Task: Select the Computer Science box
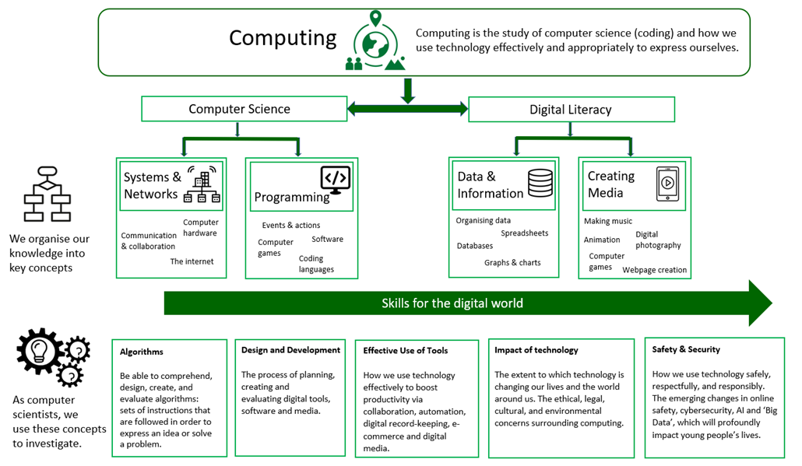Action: pyautogui.click(x=240, y=109)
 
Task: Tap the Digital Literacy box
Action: pyautogui.click(x=571, y=110)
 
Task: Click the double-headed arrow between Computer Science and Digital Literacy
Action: pyautogui.click(x=407, y=109)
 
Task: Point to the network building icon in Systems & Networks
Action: pyautogui.click(x=202, y=187)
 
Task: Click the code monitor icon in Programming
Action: pyautogui.click(x=335, y=180)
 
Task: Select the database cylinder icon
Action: pyautogui.click(x=540, y=184)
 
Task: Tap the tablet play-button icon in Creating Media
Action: pyautogui.click(x=667, y=184)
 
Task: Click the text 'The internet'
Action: pyautogui.click(x=192, y=261)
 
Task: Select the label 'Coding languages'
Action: pyautogui.click(x=316, y=264)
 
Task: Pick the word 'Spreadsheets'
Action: pyautogui.click(x=524, y=233)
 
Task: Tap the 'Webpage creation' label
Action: pyautogui.click(x=654, y=270)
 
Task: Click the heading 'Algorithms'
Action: pyautogui.click(x=142, y=352)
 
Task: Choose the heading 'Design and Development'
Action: pyautogui.click(x=290, y=350)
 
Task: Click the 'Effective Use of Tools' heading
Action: pyautogui.click(x=405, y=351)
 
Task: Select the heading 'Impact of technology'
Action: pyautogui.click(x=536, y=350)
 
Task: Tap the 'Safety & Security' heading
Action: pyautogui.click(x=686, y=349)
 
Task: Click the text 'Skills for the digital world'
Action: pyautogui.click(x=452, y=303)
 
